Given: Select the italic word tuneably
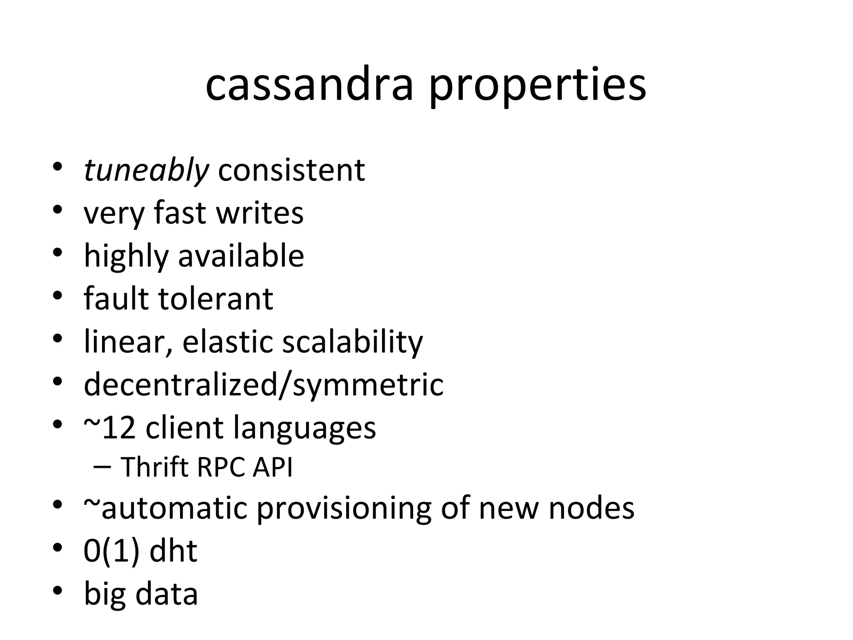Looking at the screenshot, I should [146, 171].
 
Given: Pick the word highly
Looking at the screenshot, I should [125, 257].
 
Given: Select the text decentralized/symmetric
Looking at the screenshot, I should [263, 385].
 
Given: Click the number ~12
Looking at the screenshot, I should [110, 427].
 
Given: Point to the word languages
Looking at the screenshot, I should [304, 429].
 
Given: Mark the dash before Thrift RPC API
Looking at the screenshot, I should [102, 467].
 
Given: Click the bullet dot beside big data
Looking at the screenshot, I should [57, 591].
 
